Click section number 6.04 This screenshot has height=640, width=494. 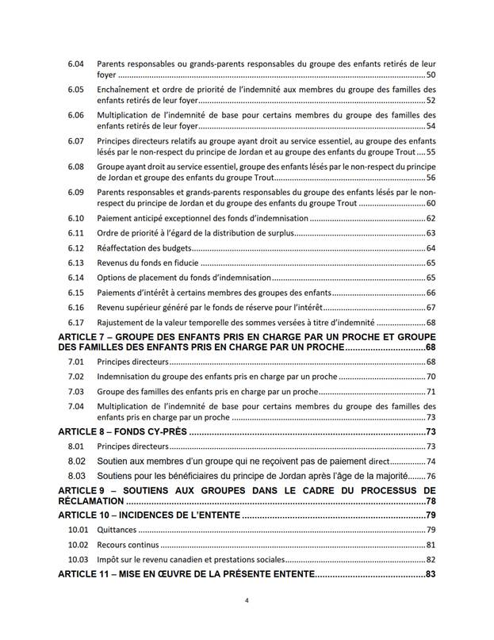tap(76, 63)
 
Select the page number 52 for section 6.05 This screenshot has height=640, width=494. tap(431, 101)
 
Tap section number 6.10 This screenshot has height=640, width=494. tap(76, 218)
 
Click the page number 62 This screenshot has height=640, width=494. tap(431, 218)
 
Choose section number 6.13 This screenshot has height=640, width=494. tap(76, 263)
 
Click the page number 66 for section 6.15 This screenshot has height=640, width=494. tap(431, 293)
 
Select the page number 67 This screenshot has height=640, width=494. tap(431, 308)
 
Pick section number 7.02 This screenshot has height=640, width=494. tap(76, 377)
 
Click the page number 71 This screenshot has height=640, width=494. tap(431, 392)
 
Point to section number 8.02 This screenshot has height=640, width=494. tap(77, 461)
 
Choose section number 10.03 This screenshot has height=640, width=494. tap(76, 560)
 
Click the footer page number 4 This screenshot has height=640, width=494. tap(247, 601)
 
